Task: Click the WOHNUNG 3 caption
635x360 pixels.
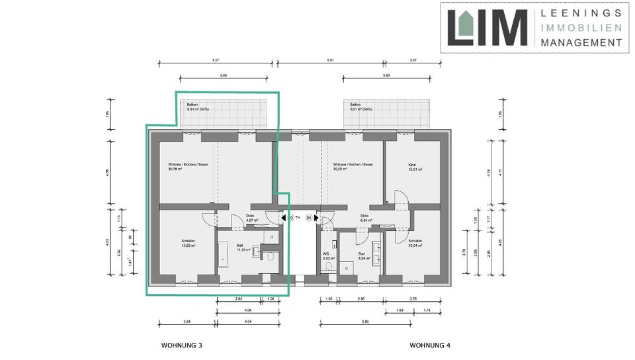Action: pyautogui.click(x=181, y=345)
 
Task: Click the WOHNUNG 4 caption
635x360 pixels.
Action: pyautogui.click(x=430, y=345)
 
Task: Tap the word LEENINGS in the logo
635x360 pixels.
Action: pyautogui.click(x=581, y=13)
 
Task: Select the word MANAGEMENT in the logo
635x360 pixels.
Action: pyautogui.click(x=581, y=42)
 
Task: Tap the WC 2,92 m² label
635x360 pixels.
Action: pyautogui.click(x=328, y=256)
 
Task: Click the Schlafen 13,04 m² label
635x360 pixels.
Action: pyautogui.click(x=415, y=243)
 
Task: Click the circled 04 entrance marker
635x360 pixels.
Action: pyautogui.click(x=308, y=217)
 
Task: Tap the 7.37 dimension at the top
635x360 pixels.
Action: pyautogui.click(x=215, y=60)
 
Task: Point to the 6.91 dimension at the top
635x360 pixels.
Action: pyautogui.click(x=331, y=60)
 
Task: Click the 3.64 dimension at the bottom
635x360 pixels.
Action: pyautogui.click(x=187, y=321)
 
